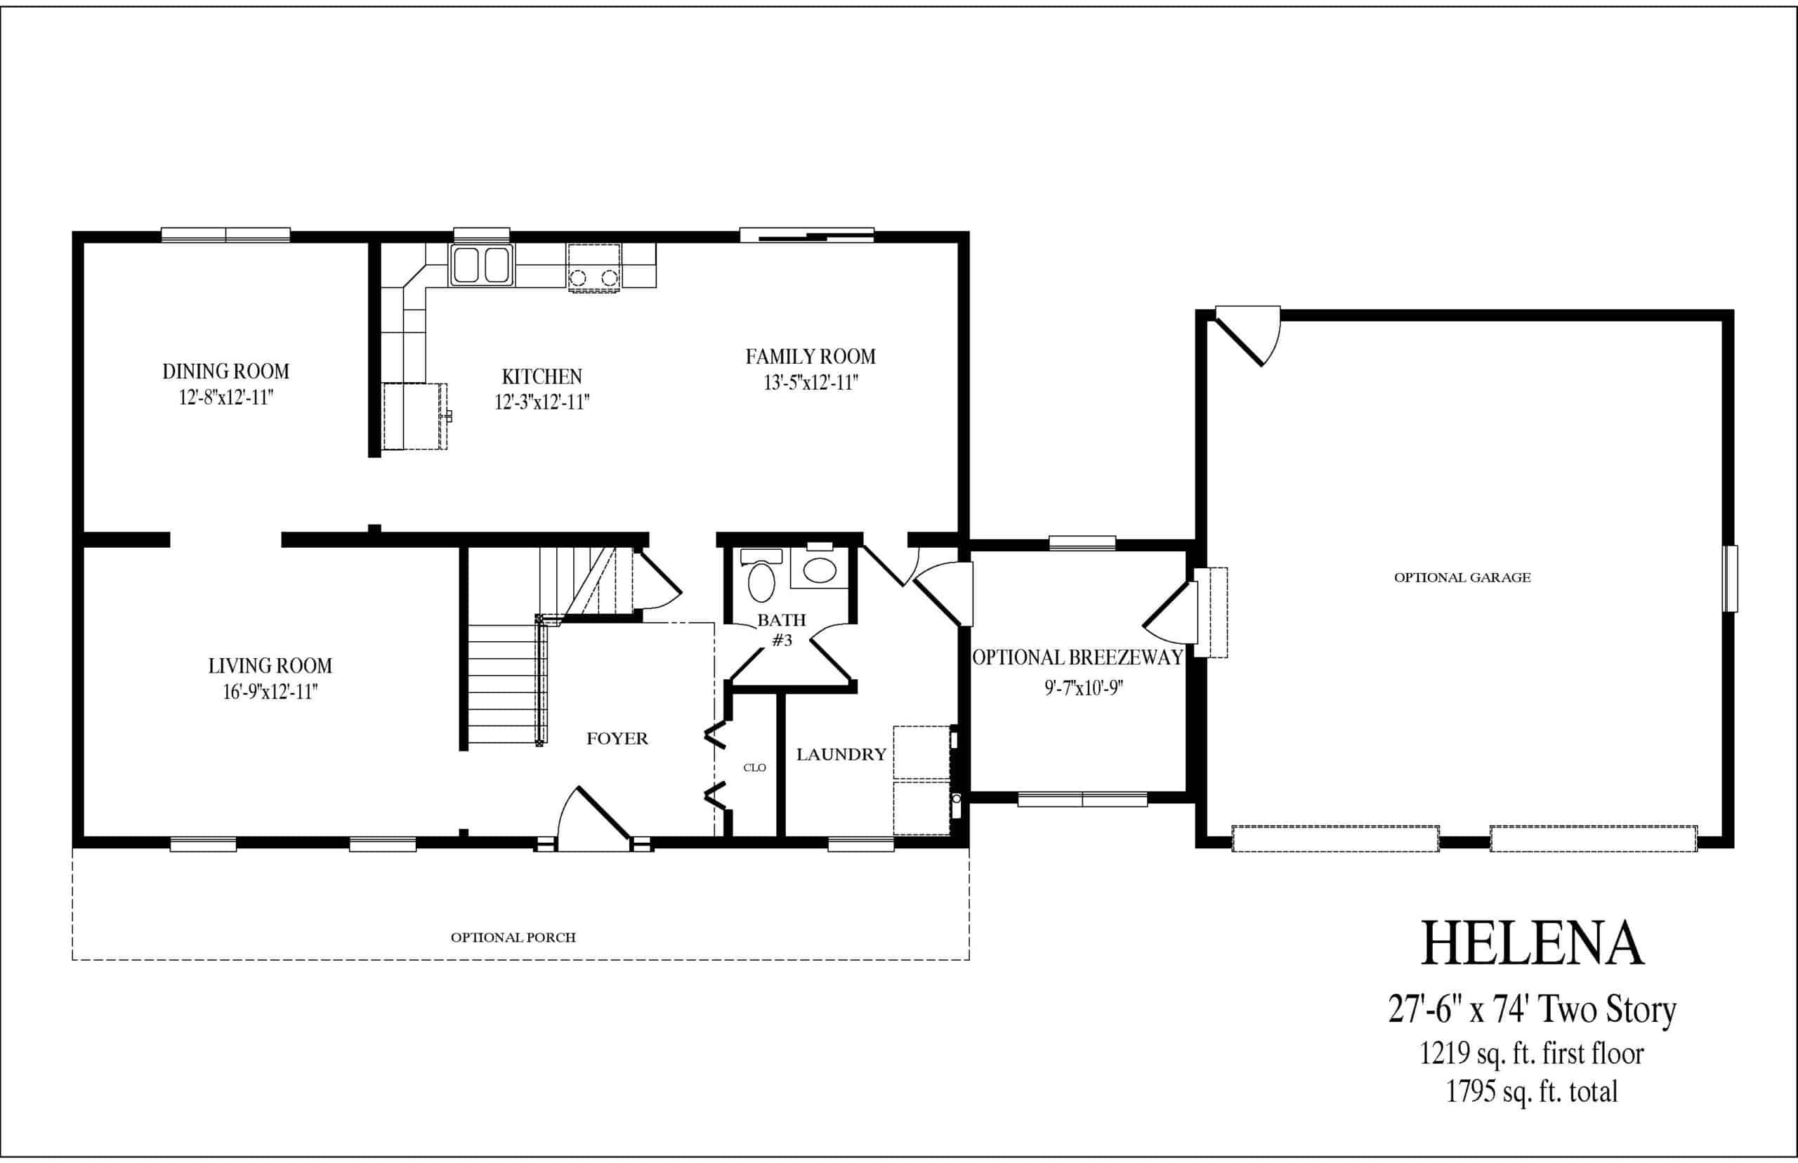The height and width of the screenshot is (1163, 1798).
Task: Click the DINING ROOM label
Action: [x=225, y=372]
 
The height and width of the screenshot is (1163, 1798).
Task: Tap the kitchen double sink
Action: [x=481, y=265]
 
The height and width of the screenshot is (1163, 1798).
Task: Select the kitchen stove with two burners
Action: [x=593, y=267]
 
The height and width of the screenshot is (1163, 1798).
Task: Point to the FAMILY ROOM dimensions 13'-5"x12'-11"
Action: [x=811, y=383]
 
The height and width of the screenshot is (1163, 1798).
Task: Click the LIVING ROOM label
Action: [x=270, y=666]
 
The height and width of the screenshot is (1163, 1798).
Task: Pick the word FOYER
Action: [x=617, y=739]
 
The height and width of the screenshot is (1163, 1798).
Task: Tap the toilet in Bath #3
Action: [x=761, y=575]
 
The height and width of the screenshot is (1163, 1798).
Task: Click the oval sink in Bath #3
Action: [x=820, y=570]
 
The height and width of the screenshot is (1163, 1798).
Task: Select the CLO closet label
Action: [x=754, y=768]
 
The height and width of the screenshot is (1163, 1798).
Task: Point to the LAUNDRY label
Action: [x=841, y=754]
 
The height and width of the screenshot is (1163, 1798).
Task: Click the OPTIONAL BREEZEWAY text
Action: [x=1077, y=658]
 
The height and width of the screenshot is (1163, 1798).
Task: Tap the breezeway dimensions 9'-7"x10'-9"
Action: [x=1084, y=689]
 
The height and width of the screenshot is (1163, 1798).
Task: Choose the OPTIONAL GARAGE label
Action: [x=1462, y=578]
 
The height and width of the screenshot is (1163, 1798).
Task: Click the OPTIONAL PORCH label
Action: [x=513, y=937]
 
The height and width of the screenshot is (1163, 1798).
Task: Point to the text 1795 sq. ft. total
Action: [x=1533, y=1091]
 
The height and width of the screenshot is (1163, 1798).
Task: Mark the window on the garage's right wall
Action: [x=1730, y=579]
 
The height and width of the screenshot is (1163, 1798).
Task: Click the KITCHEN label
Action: [x=542, y=377]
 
